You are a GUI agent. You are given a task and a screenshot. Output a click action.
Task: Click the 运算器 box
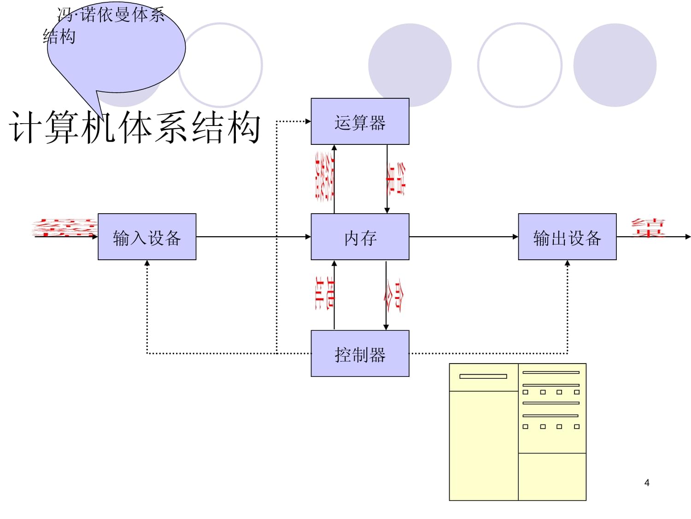[360, 121]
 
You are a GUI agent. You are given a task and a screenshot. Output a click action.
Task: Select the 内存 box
[360, 237]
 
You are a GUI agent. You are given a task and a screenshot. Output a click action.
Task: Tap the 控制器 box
[360, 353]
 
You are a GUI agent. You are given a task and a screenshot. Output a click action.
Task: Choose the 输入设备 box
[147, 237]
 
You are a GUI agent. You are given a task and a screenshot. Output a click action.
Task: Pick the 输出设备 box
[567, 237]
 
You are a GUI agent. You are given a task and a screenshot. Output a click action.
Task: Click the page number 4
[647, 483]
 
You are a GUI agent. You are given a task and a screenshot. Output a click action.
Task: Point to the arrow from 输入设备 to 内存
[253, 237]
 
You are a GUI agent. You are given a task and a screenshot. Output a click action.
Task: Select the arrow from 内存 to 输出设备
[463, 237]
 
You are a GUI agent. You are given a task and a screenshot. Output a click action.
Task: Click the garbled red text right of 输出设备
[648, 228]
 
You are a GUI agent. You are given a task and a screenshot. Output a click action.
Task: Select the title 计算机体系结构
[135, 127]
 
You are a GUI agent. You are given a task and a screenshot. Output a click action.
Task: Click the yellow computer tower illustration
[517, 432]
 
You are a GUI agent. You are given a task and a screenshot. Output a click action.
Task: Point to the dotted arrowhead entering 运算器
[308, 121]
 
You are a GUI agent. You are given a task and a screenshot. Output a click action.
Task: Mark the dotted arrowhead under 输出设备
[567, 264]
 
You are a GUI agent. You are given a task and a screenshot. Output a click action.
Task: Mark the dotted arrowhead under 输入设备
[147, 264]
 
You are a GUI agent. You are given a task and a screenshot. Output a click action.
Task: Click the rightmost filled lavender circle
[615, 65]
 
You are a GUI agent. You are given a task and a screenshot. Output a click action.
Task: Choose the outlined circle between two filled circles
[520, 65]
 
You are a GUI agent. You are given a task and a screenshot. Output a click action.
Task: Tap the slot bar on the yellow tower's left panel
[483, 376]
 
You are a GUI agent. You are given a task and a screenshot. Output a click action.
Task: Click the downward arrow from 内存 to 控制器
[386, 295]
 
